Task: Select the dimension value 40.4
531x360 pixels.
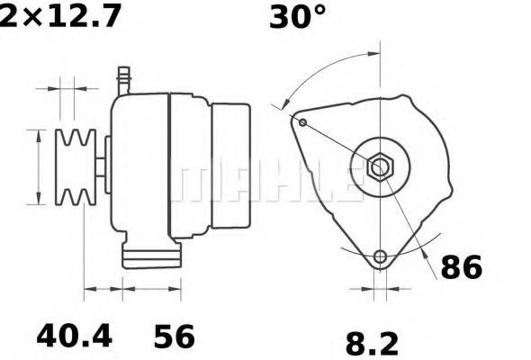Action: pyautogui.click(x=74, y=337)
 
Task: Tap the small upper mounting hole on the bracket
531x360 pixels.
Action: pyautogui.click(x=303, y=122)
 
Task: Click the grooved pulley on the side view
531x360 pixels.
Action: pyautogui.click(x=75, y=167)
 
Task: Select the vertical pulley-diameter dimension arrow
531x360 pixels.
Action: pyautogui.click(x=37, y=167)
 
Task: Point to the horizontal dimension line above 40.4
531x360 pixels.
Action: pyautogui.click(x=103, y=292)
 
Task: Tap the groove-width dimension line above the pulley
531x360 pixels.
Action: pyautogui.click(x=67, y=89)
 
